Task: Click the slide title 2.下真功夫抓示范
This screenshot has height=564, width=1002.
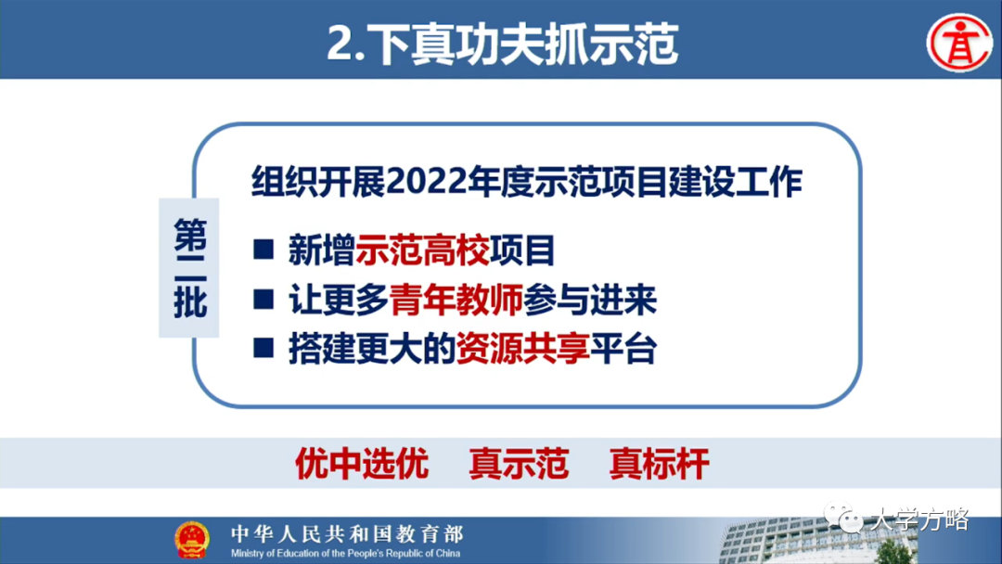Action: (x=502, y=43)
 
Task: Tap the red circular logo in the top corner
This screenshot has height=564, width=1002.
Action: (x=959, y=42)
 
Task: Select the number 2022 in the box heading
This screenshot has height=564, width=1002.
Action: (x=429, y=183)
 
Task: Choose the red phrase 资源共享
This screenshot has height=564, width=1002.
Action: (x=522, y=350)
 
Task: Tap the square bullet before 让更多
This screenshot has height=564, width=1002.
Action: (x=264, y=300)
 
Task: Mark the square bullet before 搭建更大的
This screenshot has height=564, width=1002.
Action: (x=264, y=349)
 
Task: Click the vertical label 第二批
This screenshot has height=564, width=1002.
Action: (x=190, y=268)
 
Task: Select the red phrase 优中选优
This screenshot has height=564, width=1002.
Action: (x=361, y=463)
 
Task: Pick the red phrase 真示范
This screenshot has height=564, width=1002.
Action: (x=519, y=463)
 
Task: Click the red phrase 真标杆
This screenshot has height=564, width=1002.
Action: (x=659, y=463)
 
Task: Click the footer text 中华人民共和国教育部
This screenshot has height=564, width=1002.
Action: (x=346, y=533)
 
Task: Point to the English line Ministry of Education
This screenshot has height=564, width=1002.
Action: (x=346, y=553)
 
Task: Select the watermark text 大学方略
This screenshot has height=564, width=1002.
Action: (x=918, y=519)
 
